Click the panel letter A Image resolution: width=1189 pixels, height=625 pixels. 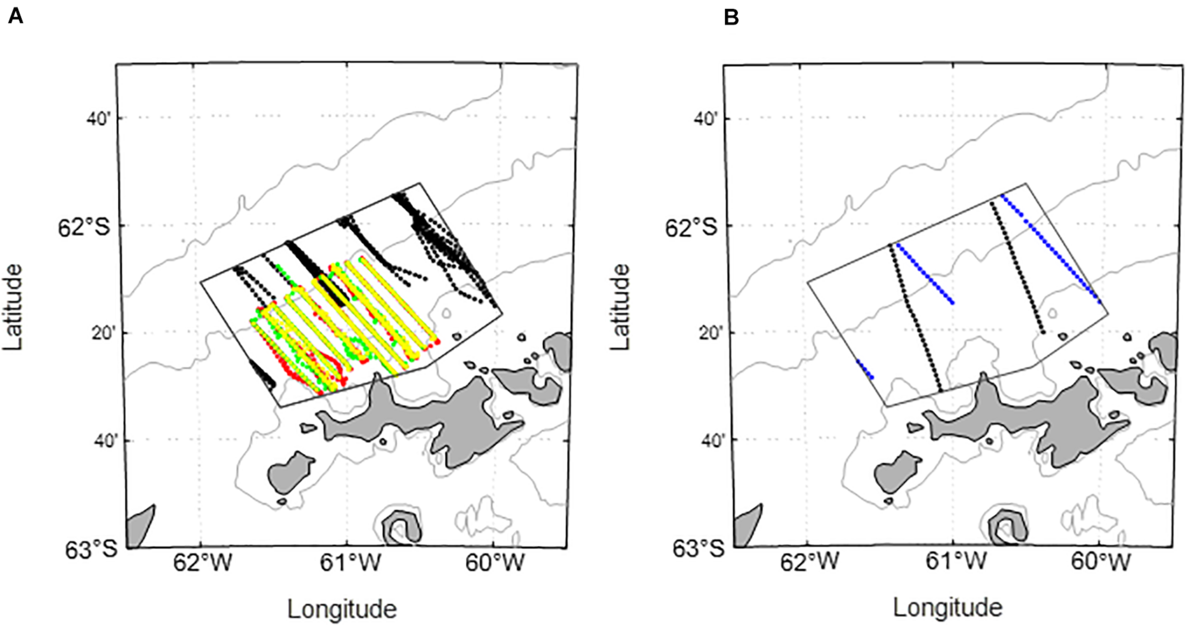click(16, 18)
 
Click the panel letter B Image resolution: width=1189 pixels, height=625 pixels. click(731, 18)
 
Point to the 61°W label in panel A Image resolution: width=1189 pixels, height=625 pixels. click(350, 564)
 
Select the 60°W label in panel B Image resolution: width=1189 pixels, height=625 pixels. click(1101, 564)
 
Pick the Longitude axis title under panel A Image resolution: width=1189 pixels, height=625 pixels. click(342, 608)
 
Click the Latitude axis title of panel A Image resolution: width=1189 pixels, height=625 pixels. click(13, 308)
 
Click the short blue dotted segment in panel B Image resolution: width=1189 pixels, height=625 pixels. click(865, 370)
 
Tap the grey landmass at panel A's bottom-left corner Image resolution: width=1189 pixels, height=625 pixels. click(140, 528)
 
